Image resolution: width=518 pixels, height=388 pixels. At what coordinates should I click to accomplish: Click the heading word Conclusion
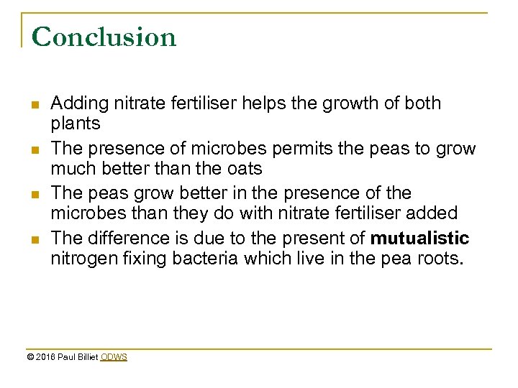[x=104, y=37]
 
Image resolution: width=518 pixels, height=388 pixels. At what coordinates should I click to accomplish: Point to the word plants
[x=76, y=124]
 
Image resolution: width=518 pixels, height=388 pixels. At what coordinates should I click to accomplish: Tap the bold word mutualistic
[x=419, y=238]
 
